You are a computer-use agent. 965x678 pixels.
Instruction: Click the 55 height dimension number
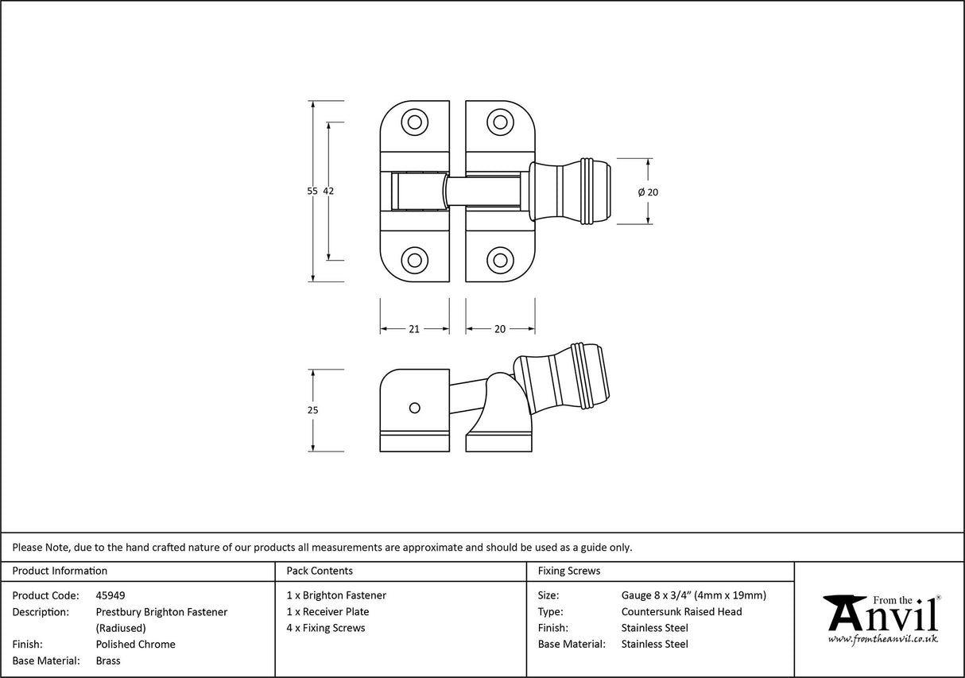pos(312,191)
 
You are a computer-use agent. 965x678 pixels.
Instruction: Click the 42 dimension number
pos(328,191)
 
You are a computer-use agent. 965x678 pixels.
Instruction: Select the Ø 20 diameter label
pos(648,192)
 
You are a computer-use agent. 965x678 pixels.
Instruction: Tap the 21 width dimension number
pos(414,329)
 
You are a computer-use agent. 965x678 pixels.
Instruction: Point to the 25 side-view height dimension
pos(312,410)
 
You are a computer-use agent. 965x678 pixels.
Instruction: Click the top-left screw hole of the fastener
pos(413,122)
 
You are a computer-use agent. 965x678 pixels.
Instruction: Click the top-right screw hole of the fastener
pos(499,122)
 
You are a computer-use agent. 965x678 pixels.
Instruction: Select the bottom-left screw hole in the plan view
pos(413,259)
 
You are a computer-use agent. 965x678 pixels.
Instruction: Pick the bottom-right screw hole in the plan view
pos(499,259)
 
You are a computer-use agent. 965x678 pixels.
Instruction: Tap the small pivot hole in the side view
pos(413,408)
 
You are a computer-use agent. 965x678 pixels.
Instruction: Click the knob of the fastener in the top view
pos(571,192)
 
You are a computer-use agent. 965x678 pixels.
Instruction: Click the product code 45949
pos(110,595)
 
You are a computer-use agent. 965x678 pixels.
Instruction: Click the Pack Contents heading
pos(320,571)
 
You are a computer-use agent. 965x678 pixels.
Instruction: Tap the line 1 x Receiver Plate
pos(327,612)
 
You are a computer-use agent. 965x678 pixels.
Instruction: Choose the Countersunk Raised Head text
pos(681,612)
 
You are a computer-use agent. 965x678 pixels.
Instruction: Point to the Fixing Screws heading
pos(569,571)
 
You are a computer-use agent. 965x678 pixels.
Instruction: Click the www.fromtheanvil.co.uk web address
pos(882,638)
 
